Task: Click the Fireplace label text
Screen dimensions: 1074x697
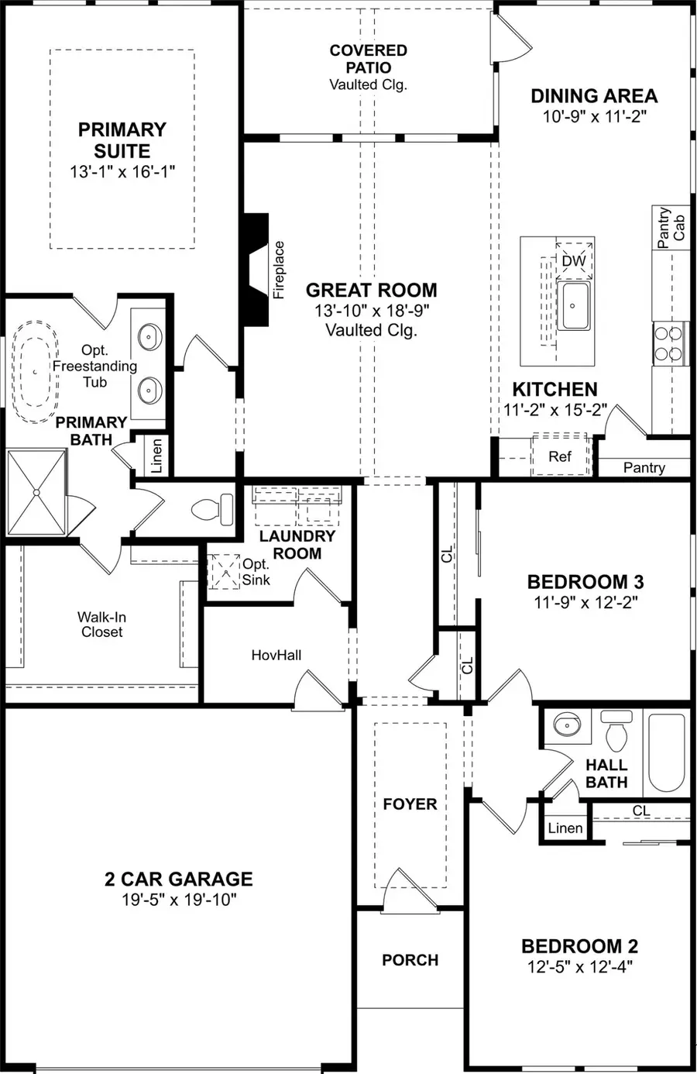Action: pos(280,270)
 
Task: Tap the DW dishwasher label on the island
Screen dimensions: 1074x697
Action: pos(574,261)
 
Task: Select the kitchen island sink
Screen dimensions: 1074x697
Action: pos(573,305)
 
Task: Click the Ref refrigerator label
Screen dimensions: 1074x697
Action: pos(560,456)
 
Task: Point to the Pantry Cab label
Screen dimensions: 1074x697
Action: pos(671,228)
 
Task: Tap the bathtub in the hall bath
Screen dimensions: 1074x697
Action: pos(666,752)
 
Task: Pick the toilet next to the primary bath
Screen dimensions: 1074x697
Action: pos(213,509)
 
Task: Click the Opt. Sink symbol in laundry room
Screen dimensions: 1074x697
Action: pos(224,572)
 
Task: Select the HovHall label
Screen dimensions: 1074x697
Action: pos(276,656)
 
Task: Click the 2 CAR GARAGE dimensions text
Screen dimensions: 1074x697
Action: pos(179,900)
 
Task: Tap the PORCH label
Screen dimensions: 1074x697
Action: pos(410,960)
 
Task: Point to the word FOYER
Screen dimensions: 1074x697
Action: pos(410,804)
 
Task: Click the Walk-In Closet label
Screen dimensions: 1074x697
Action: pos(101,625)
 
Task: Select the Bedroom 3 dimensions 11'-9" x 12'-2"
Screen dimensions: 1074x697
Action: pos(585,602)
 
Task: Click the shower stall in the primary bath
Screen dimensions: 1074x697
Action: pos(36,492)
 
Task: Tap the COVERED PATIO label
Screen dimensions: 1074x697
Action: pos(368,59)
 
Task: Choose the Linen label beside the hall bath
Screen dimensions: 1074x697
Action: pos(565,828)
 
